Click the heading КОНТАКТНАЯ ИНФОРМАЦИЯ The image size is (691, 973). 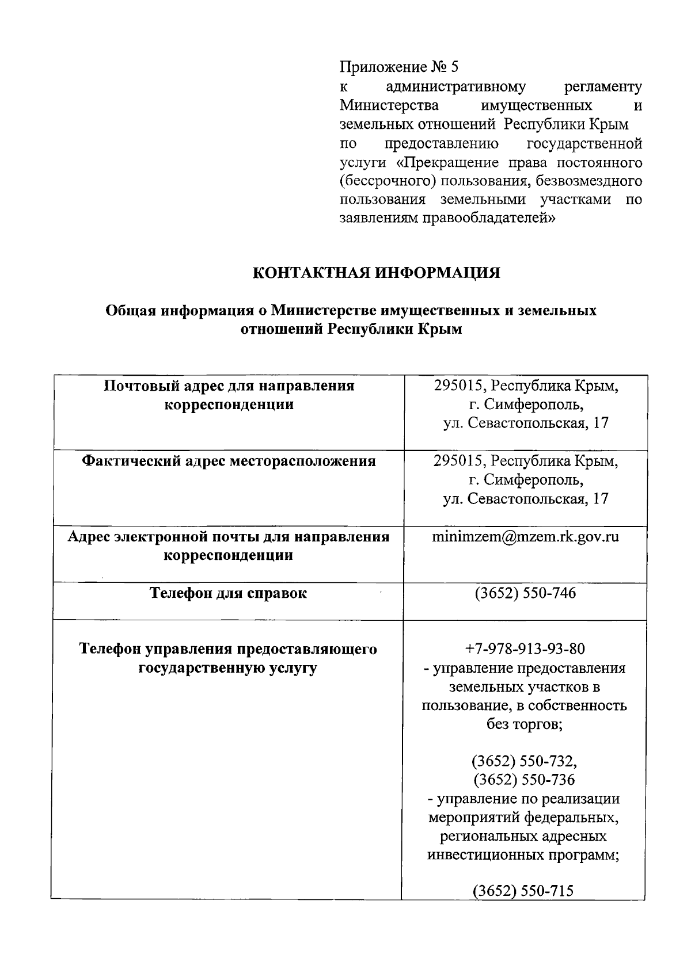tap(377, 273)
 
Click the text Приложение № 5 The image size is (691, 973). tap(399, 67)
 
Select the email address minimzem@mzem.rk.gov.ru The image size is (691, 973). tap(525, 537)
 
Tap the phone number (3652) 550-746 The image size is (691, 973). tap(525, 593)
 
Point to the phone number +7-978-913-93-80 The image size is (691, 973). tap(525, 649)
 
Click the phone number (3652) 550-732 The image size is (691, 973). tap(523, 761)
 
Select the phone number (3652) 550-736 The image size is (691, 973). tap(525, 780)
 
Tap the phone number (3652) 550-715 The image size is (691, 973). tap(523, 891)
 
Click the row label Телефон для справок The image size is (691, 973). tap(229, 593)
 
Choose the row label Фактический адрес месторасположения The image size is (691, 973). tap(229, 461)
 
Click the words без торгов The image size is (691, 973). tap(525, 724)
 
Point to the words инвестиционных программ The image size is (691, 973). tap(523, 854)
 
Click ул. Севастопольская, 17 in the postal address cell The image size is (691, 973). tap(525, 423)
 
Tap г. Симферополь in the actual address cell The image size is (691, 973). tap(525, 480)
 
